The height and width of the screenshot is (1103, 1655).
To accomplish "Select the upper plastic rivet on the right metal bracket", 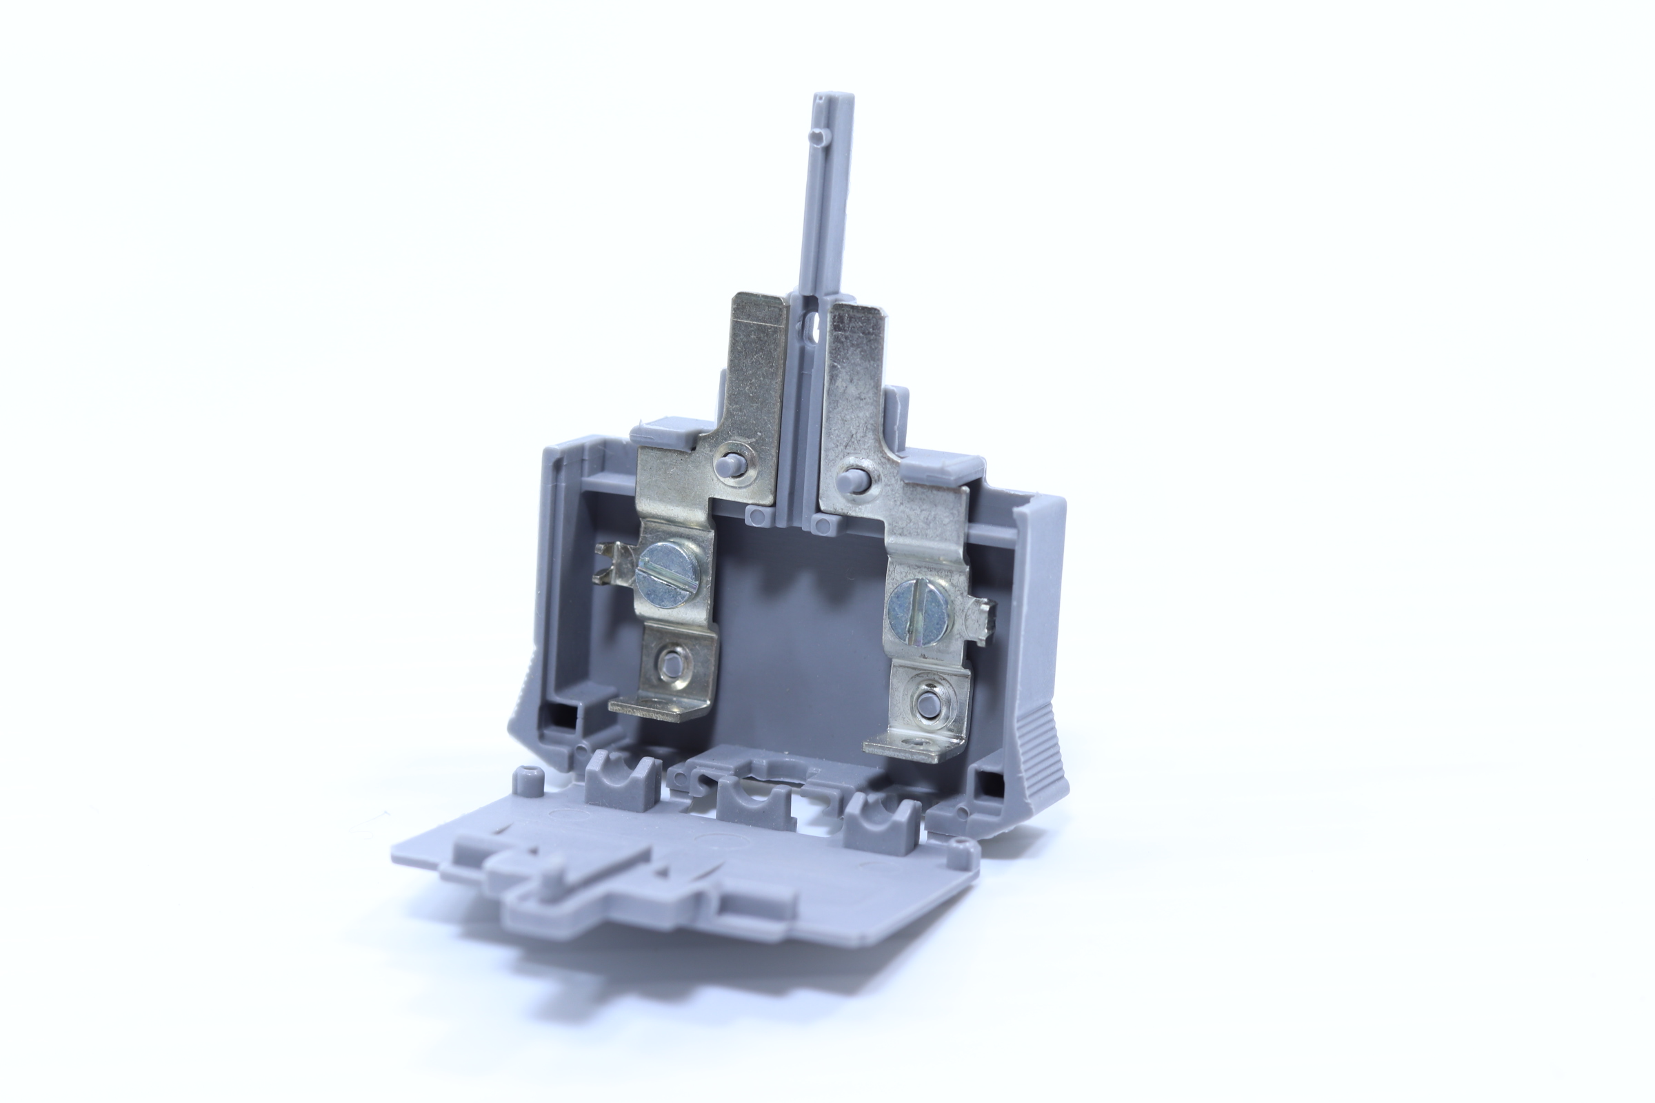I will [x=852, y=479].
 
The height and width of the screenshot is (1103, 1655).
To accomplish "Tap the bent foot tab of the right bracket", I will [x=910, y=746].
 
